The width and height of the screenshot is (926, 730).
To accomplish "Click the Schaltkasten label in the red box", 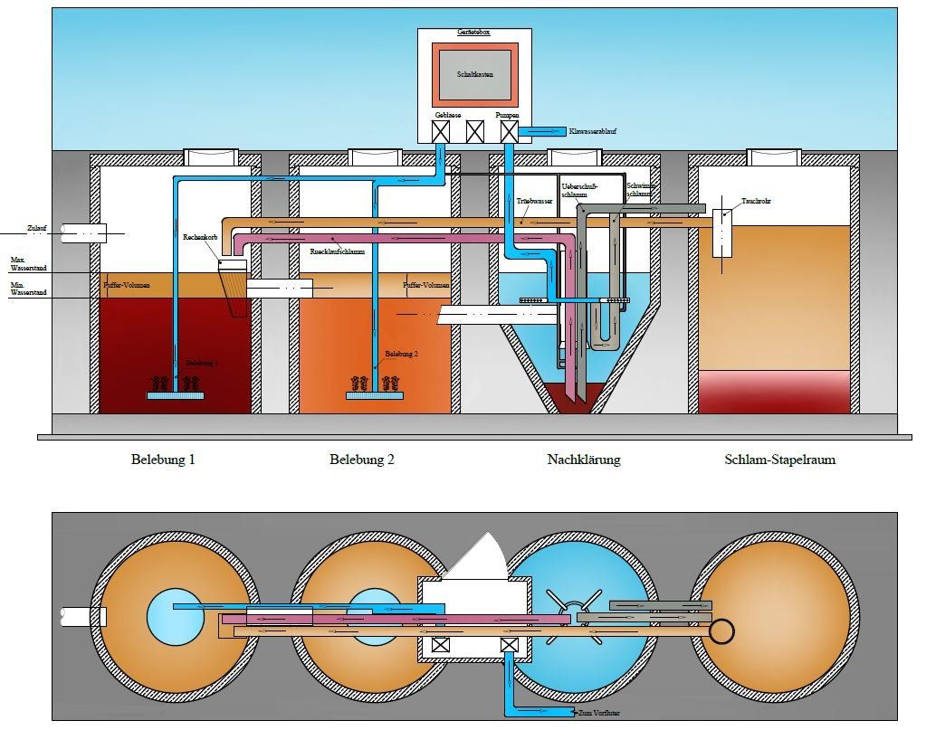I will coord(474,74).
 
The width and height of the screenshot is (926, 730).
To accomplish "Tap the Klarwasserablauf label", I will coord(593,132).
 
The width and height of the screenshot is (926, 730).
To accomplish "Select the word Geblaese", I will coord(447,115).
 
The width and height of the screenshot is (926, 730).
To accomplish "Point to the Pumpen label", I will coord(507,115).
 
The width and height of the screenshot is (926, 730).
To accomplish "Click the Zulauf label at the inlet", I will coord(37,228).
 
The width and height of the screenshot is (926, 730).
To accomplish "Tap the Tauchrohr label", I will coord(756,201).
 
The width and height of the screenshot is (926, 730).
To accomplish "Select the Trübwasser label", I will coord(535,202).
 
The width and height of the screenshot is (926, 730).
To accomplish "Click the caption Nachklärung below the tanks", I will coord(584,460).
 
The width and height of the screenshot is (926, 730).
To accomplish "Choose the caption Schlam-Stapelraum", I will coord(779,460).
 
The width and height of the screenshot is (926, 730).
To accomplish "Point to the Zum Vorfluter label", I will coord(599,714).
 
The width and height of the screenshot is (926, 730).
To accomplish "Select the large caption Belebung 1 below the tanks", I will coord(163,460).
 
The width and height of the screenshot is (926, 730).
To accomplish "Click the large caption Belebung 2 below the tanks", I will coord(362,460).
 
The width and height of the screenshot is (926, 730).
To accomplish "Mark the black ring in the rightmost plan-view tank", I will coord(721,630).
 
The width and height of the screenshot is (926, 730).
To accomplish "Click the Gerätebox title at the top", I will coord(474,33).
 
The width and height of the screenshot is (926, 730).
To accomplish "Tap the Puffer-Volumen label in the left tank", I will coord(127,285).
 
